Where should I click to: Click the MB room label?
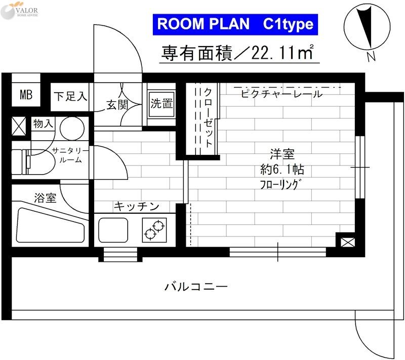coord(26,95)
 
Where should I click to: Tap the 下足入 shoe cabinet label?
coord(70,96)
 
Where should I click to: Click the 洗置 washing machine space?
coord(161,104)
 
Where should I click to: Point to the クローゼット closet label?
coord(208,118)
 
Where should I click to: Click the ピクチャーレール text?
coord(281,94)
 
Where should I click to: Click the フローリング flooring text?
coord(281,183)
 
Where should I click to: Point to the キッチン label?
coord(136,206)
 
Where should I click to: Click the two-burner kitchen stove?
coord(155,229)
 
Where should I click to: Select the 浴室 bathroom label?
coord(45,198)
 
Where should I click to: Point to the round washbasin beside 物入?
coord(72,128)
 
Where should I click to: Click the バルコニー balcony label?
coord(195,287)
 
